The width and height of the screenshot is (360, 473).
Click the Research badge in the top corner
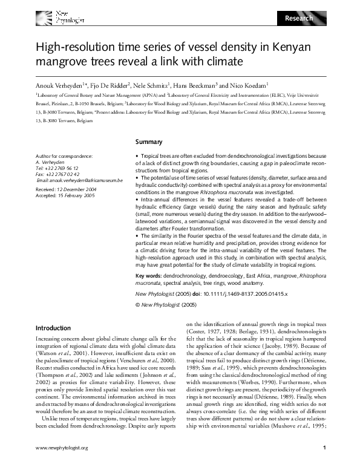click(299, 18)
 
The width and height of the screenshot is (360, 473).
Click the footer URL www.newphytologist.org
click(62, 465)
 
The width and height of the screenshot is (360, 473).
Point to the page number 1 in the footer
click(325, 465)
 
